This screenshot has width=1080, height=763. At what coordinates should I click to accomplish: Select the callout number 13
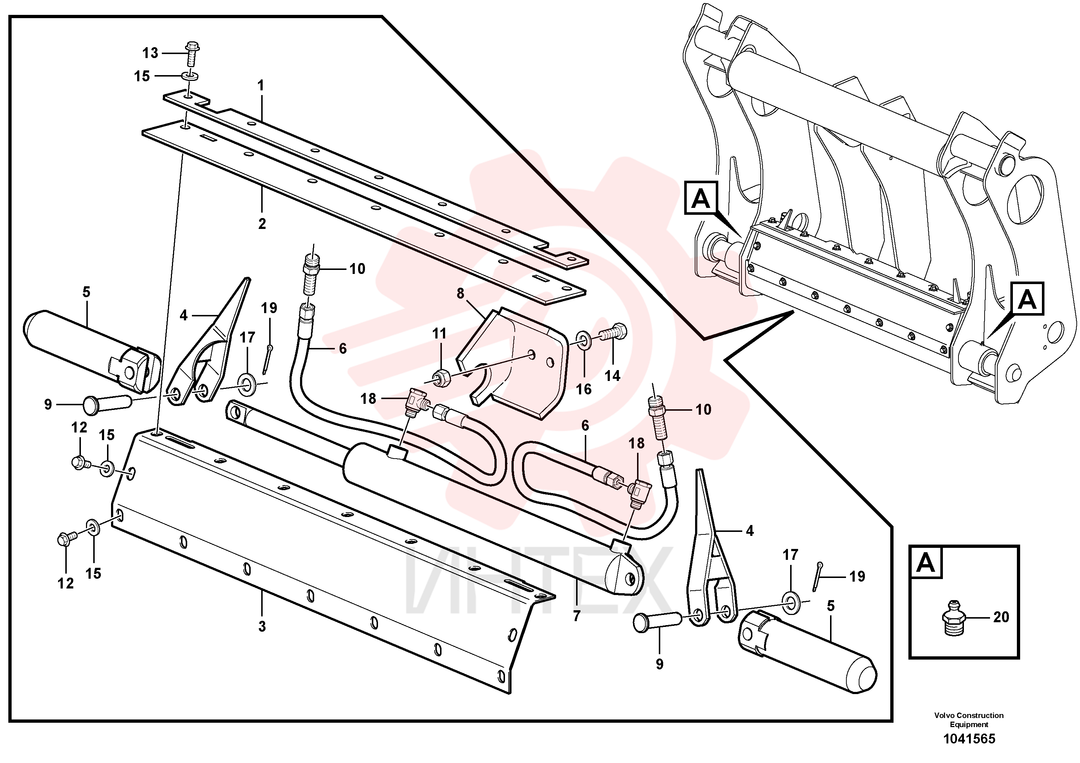150,53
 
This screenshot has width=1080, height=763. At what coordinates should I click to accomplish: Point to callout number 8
460,294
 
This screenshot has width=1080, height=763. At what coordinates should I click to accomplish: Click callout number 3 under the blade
262,627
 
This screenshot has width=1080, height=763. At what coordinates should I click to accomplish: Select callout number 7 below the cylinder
577,616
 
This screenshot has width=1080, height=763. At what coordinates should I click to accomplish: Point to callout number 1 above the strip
260,86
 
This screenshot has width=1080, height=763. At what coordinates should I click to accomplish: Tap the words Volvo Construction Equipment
969,720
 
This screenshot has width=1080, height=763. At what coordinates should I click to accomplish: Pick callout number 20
1001,617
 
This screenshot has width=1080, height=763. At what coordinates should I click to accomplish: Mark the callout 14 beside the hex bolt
612,376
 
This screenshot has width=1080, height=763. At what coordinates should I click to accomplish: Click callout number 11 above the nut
439,333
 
